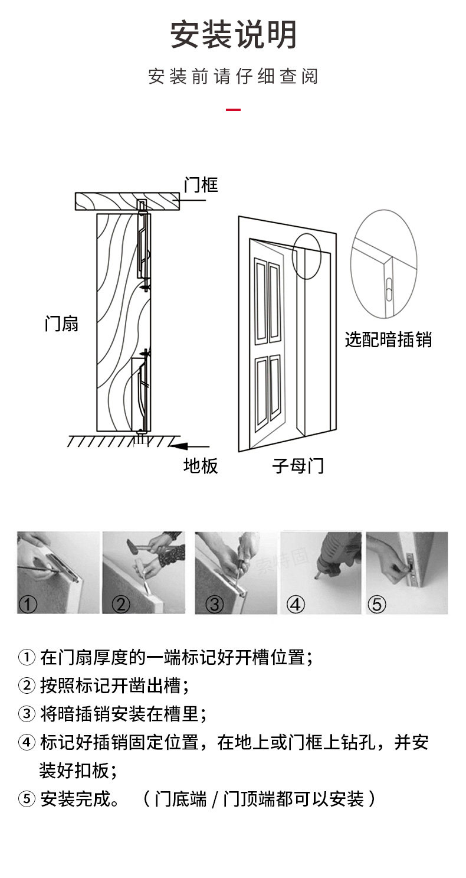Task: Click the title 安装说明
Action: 233,35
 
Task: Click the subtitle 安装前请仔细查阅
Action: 233,77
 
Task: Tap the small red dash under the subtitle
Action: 234,109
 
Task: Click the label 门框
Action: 201,185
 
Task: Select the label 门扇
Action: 61,324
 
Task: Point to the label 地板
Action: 201,466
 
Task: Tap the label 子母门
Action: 298,466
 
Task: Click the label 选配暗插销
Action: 388,340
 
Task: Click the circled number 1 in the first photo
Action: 28,604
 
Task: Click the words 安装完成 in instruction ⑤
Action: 75,799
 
